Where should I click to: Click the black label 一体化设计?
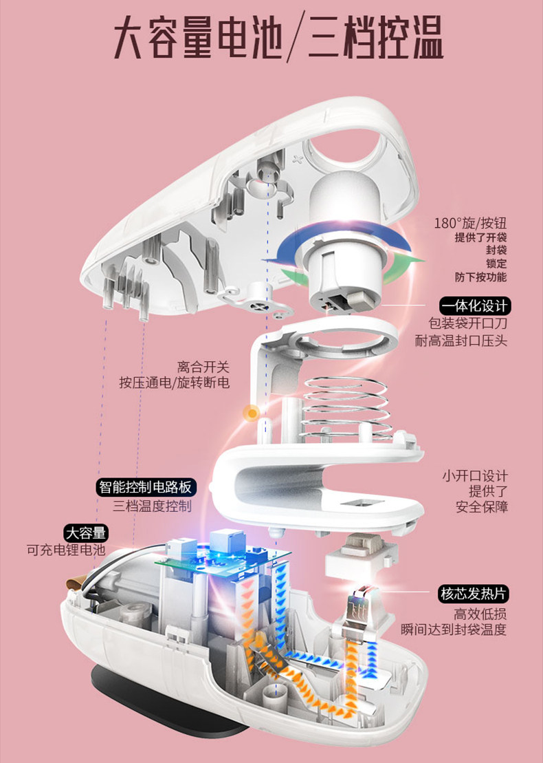click(x=474, y=305)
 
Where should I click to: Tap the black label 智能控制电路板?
click(x=145, y=488)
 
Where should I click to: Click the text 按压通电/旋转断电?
click(x=174, y=383)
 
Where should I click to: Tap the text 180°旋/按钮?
click(x=470, y=224)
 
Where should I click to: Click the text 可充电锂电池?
click(x=66, y=550)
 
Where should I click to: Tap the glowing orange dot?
click(x=252, y=413)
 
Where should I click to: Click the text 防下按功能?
click(x=480, y=277)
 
